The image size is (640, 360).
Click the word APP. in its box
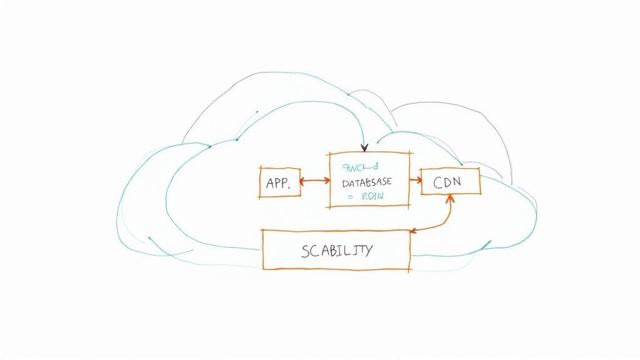[x=277, y=184]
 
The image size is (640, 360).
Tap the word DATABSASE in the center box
[x=367, y=183]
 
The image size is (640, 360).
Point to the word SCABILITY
[x=336, y=251]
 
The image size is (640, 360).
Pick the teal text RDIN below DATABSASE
[x=371, y=196]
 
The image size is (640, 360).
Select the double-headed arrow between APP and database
[x=315, y=181]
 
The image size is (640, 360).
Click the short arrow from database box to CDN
[x=415, y=180]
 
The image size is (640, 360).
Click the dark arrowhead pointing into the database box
[x=364, y=147]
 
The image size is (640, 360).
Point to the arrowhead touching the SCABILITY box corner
[x=414, y=231]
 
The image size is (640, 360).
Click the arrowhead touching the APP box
[x=303, y=182]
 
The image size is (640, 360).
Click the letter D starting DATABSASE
[x=345, y=183]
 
